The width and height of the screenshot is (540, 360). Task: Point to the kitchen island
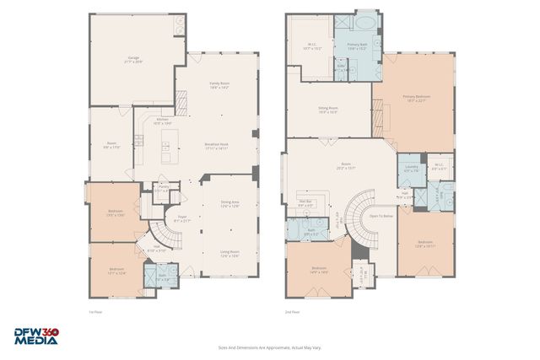[165, 149]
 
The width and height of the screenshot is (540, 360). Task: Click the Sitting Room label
[328, 110]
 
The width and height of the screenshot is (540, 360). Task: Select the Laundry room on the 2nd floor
[411, 168]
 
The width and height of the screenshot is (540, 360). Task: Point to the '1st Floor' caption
[95, 311]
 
